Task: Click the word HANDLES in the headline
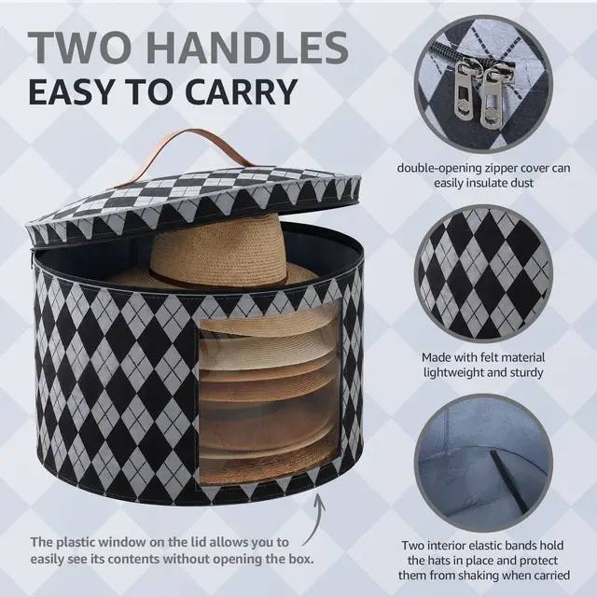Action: [246, 48]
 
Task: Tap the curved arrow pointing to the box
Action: [315, 519]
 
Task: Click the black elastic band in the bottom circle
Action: [509, 481]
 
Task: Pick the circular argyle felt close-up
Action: [483, 273]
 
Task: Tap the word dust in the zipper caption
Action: [521, 183]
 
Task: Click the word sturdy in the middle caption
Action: [525, 372]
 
